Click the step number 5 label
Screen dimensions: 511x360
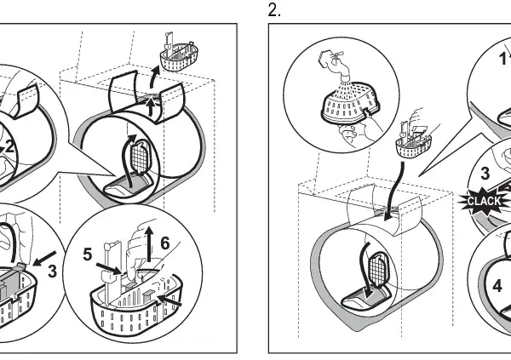pos(88,254)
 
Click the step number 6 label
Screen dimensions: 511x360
pos(165,243)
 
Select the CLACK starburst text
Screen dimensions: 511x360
pos(484,201)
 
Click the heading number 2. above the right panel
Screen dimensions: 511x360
pos(274,10)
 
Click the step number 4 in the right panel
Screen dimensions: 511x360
pos(497,286)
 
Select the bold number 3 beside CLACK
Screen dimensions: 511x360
pos(485,174)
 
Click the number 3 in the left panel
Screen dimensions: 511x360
pos(52,271)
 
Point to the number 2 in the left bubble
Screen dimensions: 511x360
pos(9,146)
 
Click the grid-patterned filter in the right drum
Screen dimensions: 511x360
pos(378,269)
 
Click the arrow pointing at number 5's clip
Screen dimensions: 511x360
pos(109,269)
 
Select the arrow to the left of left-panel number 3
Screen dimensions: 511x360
pos(44,257)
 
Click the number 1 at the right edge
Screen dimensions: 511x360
pos(503,59)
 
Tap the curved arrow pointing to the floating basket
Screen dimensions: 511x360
pos(153,77)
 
